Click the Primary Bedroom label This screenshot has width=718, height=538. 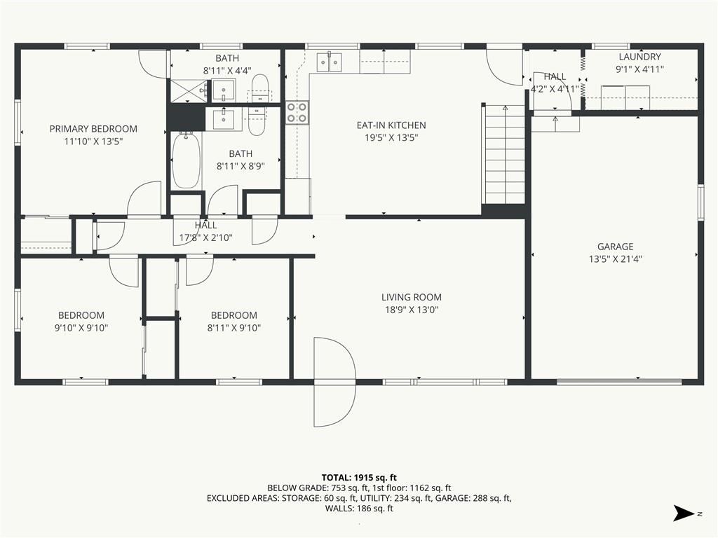pyautogui.click(x=93, y=129)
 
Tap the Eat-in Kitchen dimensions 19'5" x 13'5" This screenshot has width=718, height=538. pyautogui.click(x=391, y=138)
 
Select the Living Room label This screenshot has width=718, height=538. pyautogui.click(x=411, y=297)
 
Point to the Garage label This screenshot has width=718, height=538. pyautogui.click(x=616, y=247)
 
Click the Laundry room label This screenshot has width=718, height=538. pyautogui.click(x=639, y=57)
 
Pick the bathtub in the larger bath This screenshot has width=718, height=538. pyautogui.click(x=186, y=160)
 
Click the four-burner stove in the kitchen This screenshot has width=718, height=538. pyautogui.click(x=297, y=113)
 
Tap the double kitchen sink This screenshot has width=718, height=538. pyautogui.click(x=330, y=62)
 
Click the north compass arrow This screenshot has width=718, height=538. pyautogui.click(x=684, y=513)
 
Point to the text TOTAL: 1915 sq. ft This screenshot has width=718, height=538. pyautogui.click(x=359, y=478)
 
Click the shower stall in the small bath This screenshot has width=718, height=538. pyautogui.click(x=188, y=90)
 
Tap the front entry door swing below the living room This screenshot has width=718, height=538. pyautogui.click(x=334, y=382)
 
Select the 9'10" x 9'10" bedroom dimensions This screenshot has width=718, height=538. pyautogui.click(x=81, y=328)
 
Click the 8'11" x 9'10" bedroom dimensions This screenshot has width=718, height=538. pyautogui.click(x=234, y=328)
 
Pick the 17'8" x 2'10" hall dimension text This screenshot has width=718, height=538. pyautogui.click(x=205, y=238)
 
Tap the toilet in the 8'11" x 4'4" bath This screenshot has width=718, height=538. pyautogui.click(x=259, y=88)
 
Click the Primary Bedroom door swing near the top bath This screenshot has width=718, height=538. pyautogui.click(x=153, y=64)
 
